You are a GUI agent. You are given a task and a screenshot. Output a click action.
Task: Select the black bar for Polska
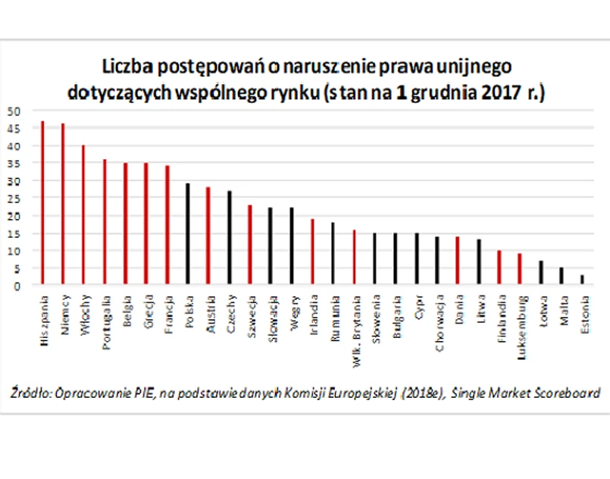point(188,234)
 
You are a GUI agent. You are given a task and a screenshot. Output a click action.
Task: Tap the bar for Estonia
point(582,280)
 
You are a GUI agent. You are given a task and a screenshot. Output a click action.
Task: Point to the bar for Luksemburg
point(519,269)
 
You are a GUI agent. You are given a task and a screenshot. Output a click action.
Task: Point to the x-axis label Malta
point(563,310)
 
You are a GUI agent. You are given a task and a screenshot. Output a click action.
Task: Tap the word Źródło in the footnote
point(28,393)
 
